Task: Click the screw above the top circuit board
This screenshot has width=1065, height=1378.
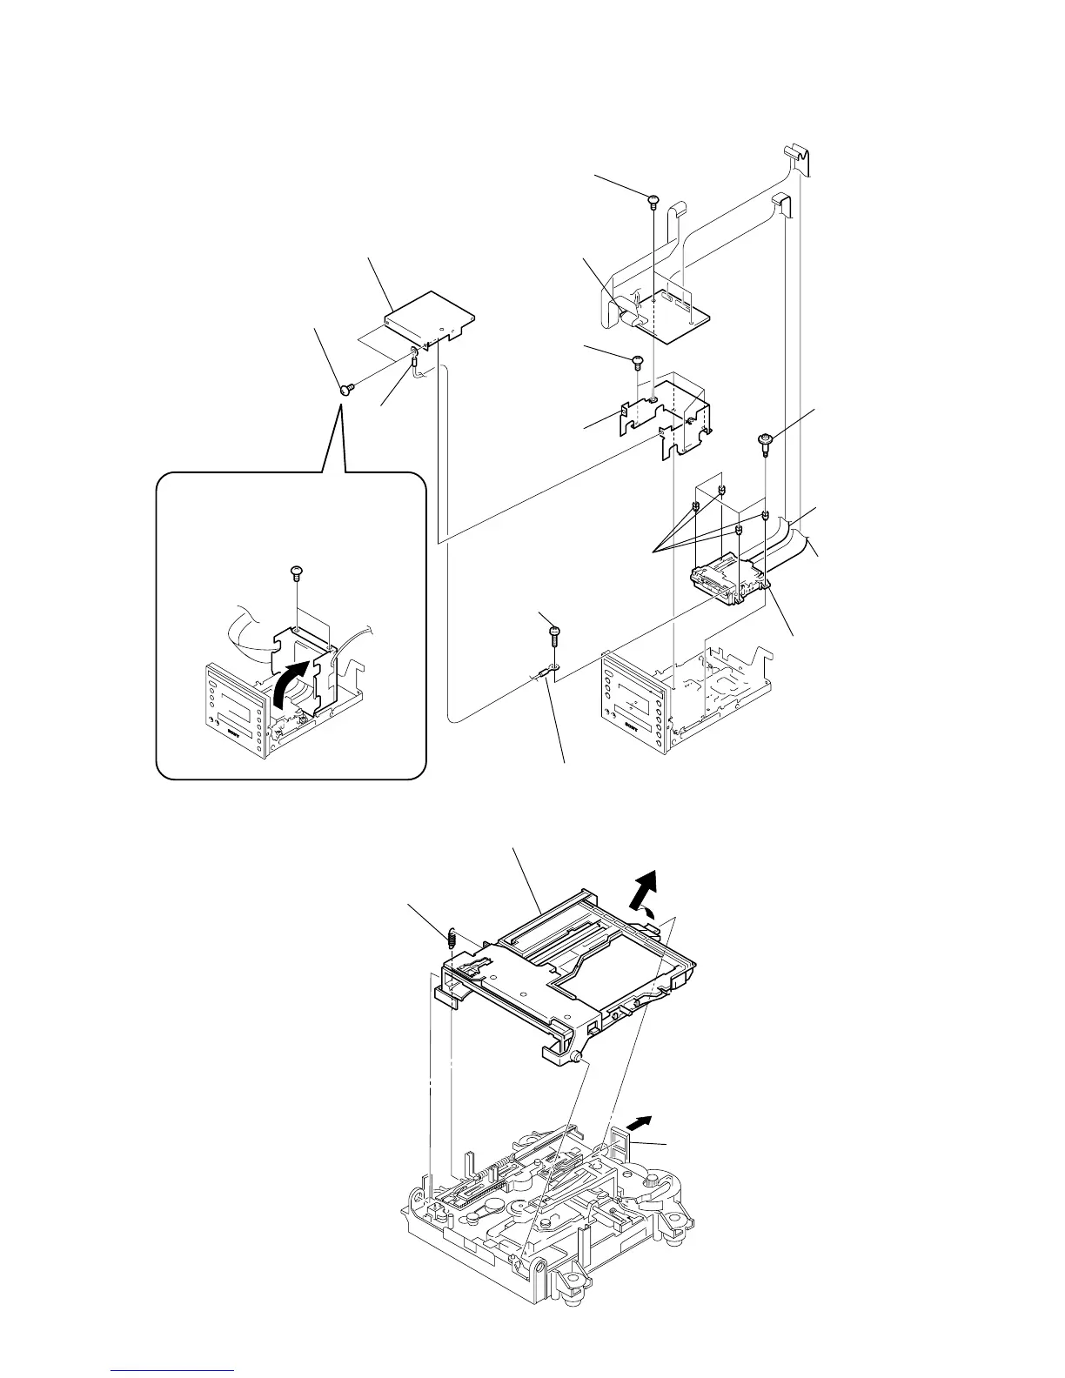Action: tap(653, 203)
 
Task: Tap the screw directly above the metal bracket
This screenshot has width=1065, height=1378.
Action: tap(637, 358)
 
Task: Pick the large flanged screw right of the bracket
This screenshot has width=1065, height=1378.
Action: tap(765, 442)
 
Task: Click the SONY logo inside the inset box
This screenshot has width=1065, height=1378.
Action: tap(238, 732)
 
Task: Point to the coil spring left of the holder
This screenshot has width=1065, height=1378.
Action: tap(452, 938)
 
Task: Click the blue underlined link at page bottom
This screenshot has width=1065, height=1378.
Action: tap(174, 1372)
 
